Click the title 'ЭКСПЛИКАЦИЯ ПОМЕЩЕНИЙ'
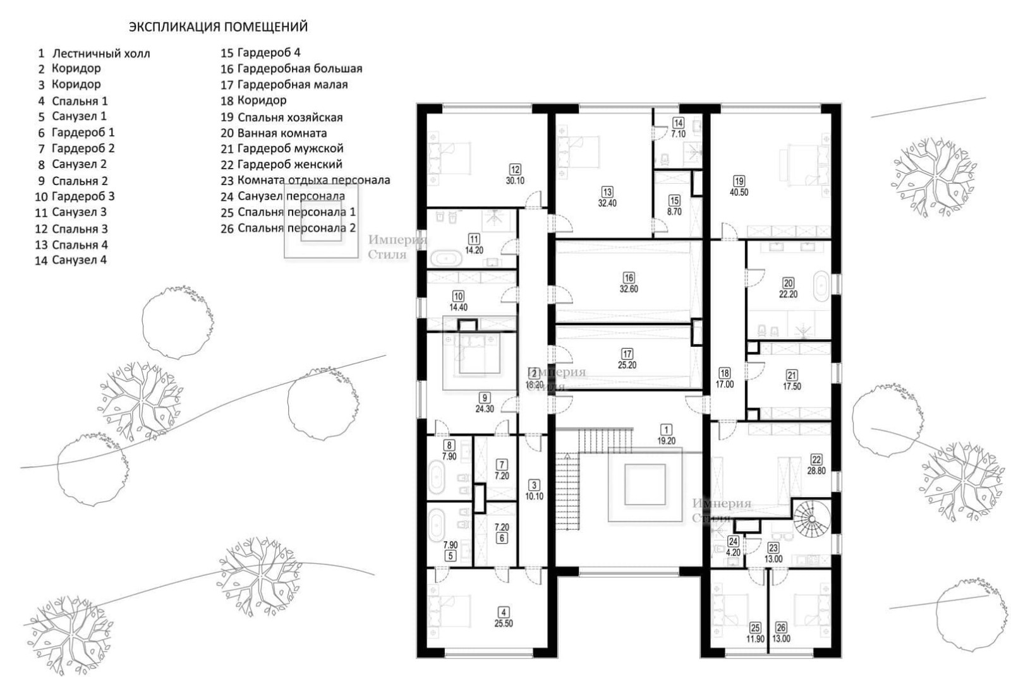[x=219, y=27]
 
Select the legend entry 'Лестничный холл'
[x=101, y=54]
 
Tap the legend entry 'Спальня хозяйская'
[x=290, y=117]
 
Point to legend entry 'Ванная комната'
[x=282, y=133]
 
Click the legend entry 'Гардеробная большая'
[x=300, y=69]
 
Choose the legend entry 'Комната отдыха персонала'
[x=313, y=180]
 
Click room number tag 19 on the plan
[x=739, y=181]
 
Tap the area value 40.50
[x=739, y=192]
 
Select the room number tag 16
[x=629, y=278]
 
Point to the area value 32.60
[x=629, y=289]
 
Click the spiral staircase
[x=812, y=520]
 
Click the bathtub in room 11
[x=446, y=258]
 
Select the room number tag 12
[x=515, y=170]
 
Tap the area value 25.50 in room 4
[x=503, y=624]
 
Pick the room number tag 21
[x=792, y=375]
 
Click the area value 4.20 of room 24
[x=734, y=553]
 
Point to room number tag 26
[x=781, y=627]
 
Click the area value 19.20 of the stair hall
[x=666, y=441]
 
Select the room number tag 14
[x=678, y=123]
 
